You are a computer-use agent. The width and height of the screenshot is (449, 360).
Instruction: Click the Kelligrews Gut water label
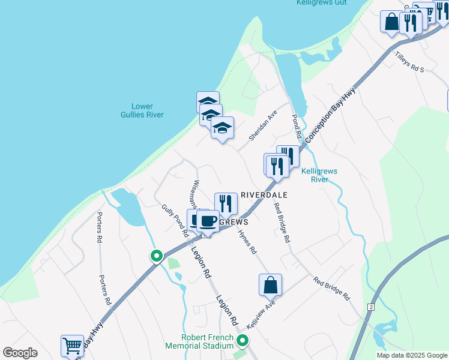pos(321,3)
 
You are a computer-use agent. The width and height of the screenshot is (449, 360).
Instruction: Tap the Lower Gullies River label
pos(142,110)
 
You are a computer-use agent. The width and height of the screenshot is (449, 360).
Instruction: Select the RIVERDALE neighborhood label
pos(264,195)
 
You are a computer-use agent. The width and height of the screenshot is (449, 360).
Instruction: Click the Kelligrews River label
pos(319,175)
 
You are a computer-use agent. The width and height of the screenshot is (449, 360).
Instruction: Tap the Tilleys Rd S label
pos(409,62)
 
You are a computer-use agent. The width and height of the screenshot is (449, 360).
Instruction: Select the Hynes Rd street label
pos(247,241)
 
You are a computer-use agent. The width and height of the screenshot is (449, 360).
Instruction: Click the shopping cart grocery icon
pos(72,346)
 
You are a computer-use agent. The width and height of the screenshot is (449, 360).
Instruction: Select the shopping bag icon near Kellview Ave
pos(270,284)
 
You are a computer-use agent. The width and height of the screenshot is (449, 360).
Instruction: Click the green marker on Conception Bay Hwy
pos(156,256)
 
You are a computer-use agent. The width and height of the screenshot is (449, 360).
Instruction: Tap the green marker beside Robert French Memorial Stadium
pos(243,341)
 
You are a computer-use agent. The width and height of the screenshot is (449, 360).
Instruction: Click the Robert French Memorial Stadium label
pos(200,341)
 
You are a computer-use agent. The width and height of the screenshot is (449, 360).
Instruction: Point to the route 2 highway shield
pos(372,307)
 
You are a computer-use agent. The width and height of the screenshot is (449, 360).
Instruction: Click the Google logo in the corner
pos(20,353)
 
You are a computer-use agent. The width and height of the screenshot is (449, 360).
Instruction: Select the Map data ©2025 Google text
pos(411,355)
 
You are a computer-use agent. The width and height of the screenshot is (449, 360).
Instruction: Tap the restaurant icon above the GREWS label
pos(226,203)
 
